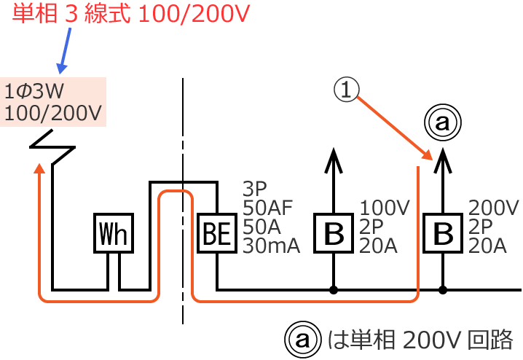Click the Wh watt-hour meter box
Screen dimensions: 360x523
[114, 234]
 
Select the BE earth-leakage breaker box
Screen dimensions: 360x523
[216, 234]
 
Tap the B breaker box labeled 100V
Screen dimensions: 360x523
[334, 234]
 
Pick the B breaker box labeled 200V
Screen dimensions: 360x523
[443, 234]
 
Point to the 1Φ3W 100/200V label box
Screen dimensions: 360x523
[53, 102]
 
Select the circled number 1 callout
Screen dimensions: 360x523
[347, 90]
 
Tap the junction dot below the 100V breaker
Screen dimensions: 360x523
[334, 290]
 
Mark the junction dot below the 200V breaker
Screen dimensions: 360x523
[443, 290]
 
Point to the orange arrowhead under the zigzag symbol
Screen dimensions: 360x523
[39, 169]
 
